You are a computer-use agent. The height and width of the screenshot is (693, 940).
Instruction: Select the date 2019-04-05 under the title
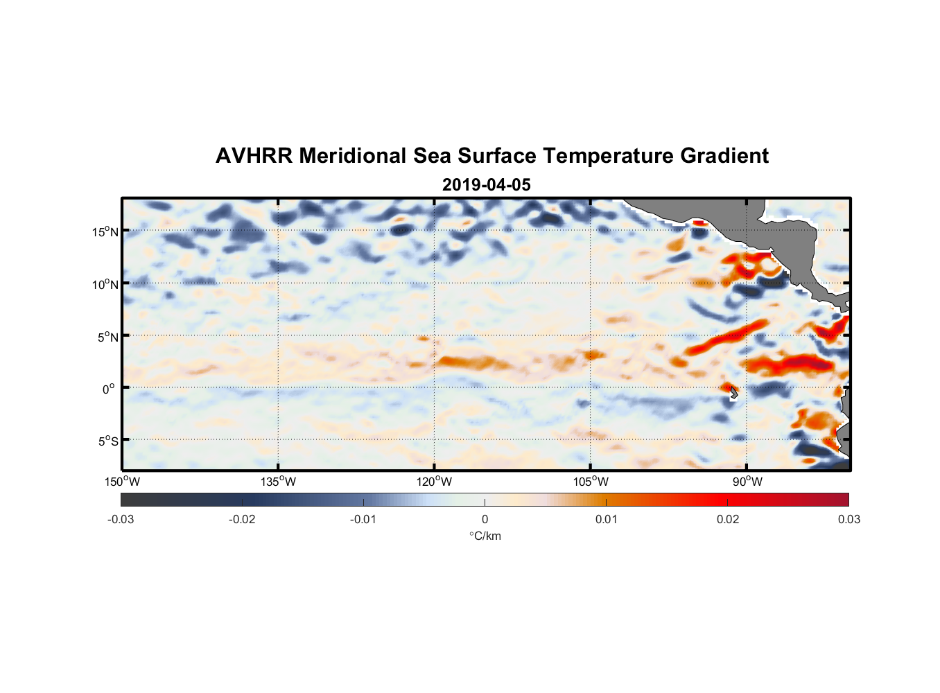click(486, 185)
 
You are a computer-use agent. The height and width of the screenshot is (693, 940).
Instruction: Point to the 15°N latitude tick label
click(105, 231)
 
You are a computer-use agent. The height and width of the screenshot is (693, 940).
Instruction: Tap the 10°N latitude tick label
click(105, 284)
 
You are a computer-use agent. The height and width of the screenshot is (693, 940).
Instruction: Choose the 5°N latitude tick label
click(107, 337)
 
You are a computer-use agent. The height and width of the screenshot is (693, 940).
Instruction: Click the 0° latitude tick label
click(109, 389)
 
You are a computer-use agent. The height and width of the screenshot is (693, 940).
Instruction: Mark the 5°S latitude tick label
click(107, 441)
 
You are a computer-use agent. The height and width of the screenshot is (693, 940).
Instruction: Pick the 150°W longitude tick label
click(122, 482)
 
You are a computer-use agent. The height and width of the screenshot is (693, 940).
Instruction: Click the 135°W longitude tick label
click(278, 482)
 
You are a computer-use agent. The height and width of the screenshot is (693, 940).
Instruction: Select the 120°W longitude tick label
click(435, 482)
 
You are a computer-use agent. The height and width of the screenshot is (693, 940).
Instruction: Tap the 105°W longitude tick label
click(591, 482)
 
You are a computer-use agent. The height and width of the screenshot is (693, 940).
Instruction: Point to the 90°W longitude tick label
click(747, 482)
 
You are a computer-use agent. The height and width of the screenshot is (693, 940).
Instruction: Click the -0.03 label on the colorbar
click(121, 520)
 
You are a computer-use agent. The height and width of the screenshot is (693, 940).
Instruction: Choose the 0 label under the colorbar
click(485, 520)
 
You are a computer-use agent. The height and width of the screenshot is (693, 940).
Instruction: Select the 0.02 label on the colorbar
click(728, 520)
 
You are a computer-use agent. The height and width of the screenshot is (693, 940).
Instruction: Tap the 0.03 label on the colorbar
click(848, 520)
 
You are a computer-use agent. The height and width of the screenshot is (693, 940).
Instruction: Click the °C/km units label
click(485, 536)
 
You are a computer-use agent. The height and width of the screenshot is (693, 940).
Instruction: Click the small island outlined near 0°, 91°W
click(733, 393)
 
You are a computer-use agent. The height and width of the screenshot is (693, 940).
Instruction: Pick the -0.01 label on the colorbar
click(363, 520)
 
